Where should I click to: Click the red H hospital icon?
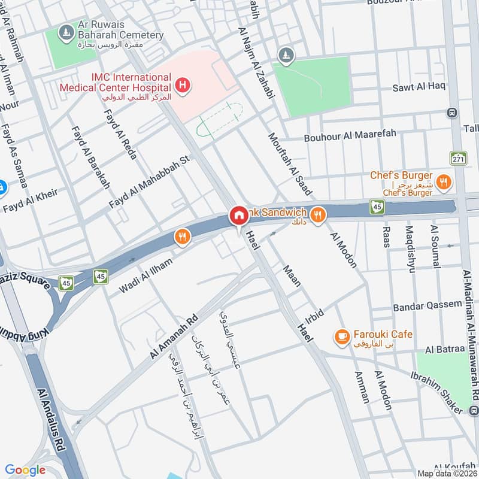tap(183, 86)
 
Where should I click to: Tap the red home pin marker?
tap(238, 216)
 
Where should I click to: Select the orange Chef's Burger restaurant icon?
tap(444, 183)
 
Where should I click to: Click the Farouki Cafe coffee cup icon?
tap(342, 338)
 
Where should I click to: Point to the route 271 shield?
tap(459, 158)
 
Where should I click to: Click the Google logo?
tap(25, 470)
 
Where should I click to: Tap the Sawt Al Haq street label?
tap(419, 87)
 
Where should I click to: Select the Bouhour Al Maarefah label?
tap(350, 136)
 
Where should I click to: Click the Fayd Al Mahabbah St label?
tap(149, 183)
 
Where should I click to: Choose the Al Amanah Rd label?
tap(174, 338)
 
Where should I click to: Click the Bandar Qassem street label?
tap(428, 307)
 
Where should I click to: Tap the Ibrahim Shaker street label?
tap(437, 392)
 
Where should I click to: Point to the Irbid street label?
tap(314, 315)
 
